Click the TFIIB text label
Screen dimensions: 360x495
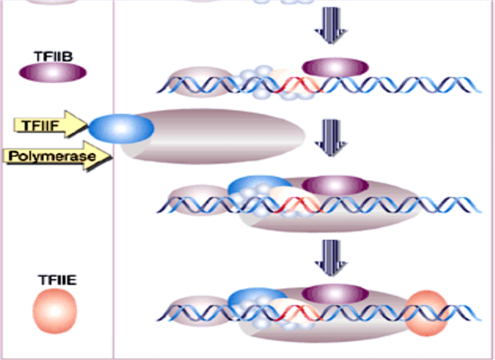coord(52,56)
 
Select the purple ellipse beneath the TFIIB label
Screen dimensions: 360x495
coord(52,73)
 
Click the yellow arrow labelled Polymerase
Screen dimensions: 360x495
coord(57,156)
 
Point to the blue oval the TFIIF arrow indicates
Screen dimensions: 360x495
coord(121,129)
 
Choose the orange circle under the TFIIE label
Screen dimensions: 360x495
coord(55,310)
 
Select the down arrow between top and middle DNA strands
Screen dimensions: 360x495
coord(331,136)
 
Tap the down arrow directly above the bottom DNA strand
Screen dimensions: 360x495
coord(331,254)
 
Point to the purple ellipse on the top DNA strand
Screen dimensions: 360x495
coord(335,67)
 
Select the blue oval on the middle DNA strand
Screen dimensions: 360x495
coord(259,187)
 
